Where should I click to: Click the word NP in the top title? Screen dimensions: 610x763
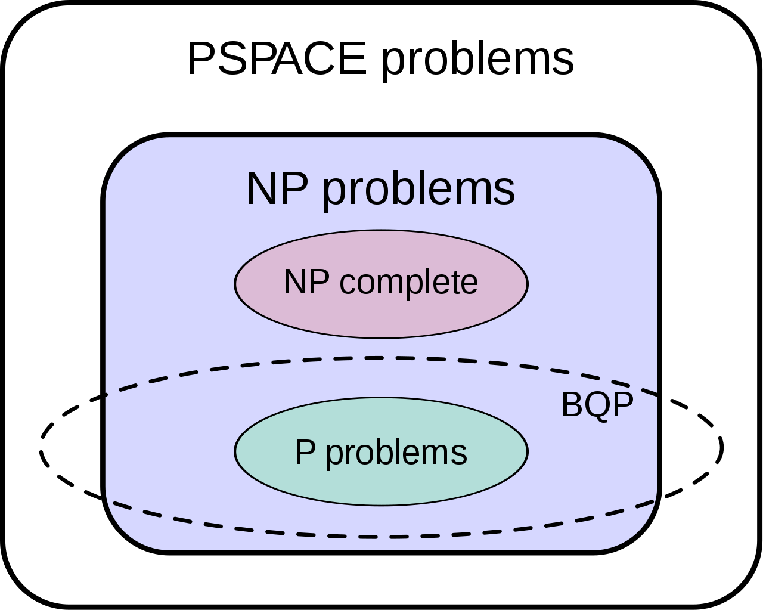[277, 189]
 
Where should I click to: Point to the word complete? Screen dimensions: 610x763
[408, 282]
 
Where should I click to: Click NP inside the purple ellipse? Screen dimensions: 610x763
[306, 282]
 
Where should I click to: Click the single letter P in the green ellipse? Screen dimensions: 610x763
[305, 452]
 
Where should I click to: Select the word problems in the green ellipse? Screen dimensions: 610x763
[396, 453]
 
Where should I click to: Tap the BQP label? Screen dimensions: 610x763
[597, 405]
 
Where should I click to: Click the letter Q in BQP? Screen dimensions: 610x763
[597, 406]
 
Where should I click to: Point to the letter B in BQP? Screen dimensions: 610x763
[572, 405]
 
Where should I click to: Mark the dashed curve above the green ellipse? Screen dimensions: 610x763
[381, 358]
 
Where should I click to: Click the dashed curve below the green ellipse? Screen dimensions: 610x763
[381, 537]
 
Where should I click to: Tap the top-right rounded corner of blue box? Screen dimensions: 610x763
[638, 156]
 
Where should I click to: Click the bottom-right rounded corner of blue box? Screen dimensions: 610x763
[638, 531]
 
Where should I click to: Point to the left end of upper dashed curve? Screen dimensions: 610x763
[108, 394]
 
